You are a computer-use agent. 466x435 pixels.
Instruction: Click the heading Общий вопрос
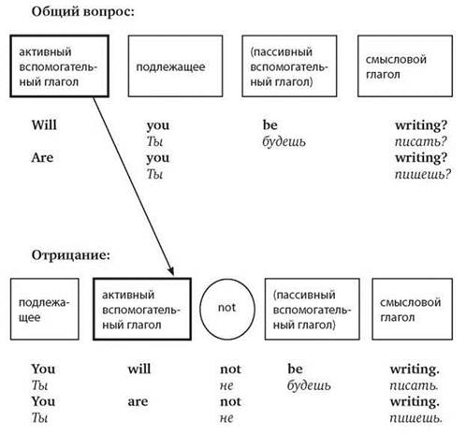pyautogui.click(x=82, y=12)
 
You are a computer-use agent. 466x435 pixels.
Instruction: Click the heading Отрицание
pyautogui.click(x=71, y=255)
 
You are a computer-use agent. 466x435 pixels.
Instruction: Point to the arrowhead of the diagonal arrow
pyautogui.click(x=173, y=274)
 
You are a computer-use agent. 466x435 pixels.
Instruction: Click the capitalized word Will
pyautogui.click(x=44, y=125)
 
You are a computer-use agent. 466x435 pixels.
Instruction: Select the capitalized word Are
pyautogui.click(x=42, y=157)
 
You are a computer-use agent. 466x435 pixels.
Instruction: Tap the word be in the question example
pyautogui.click(x=270, y=125)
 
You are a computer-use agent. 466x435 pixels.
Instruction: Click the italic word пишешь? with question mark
pyautogui.click(x=423, y=174)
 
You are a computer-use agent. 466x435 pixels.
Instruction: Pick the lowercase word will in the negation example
pyautogui.click(x=139, y=369)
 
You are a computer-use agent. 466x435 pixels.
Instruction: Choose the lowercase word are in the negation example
pyautogui.click(x=138, y=401)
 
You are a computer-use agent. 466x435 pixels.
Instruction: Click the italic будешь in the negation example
pyautogui.click(x=309, y=385)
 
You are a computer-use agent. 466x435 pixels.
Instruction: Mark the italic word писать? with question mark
pyautogui.click(x=421, y=141)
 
